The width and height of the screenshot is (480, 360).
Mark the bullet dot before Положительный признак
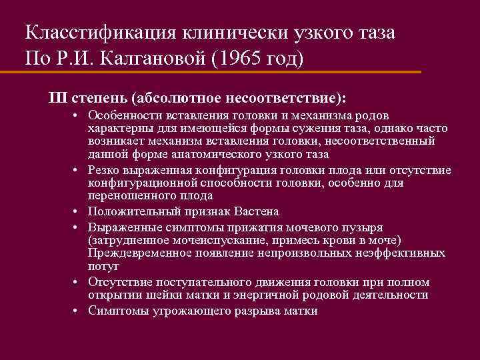click(77, 212)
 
